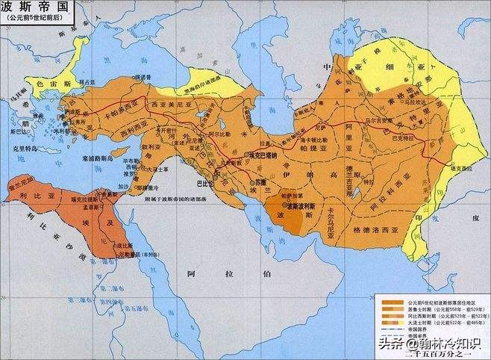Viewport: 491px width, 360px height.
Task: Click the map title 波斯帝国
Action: click(28, 7)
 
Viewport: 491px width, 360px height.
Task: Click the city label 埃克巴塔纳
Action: click(266, 155)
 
